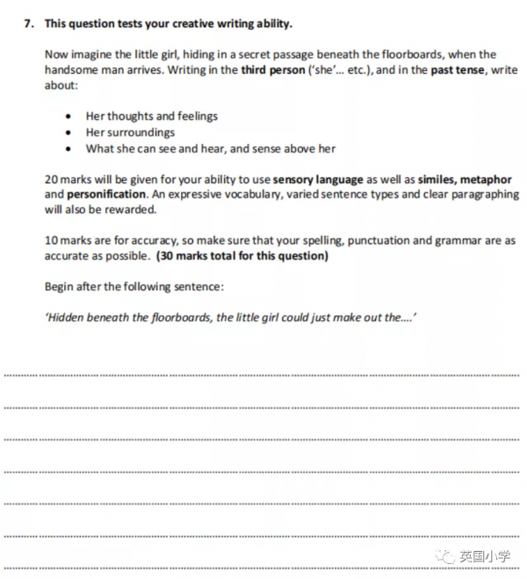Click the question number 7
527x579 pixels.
coord(27,24)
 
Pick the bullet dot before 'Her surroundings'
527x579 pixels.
coord(69,132)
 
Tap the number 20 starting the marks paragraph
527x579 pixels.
coord(51,179)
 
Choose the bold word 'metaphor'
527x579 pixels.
coord(487,179)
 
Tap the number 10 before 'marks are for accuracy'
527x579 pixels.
coord(51,240)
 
